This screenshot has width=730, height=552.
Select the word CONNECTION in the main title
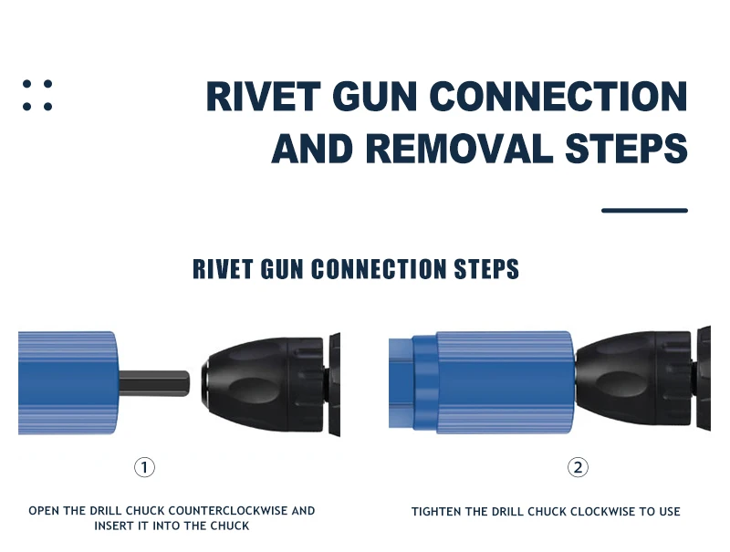point(558,98)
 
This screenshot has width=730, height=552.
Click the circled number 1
point(144,467)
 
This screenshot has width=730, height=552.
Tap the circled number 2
point(578,467)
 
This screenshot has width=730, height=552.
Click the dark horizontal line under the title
point(644,211)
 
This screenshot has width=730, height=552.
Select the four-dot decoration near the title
point(37,95)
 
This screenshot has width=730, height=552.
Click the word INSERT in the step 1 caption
point(113,526)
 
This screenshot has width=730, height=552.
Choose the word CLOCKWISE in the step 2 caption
point(604,512)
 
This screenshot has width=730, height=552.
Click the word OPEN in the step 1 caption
point(44,511)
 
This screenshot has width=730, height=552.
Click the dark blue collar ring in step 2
point(422,383)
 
